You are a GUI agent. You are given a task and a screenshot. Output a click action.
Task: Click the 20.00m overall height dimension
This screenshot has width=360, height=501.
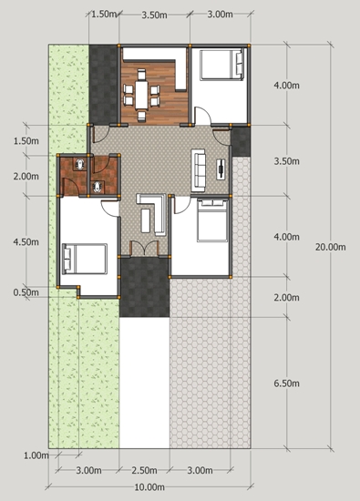pos(330,247)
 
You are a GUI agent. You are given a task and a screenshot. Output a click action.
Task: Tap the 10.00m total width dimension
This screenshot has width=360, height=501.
pos(149,487)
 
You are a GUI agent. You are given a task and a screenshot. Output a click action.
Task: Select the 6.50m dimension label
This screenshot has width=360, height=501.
pos(286,383)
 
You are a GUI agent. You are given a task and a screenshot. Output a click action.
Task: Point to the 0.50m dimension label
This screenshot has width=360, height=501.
pos(26,292)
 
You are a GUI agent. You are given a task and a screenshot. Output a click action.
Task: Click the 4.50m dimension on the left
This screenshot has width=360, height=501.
pos(26,242)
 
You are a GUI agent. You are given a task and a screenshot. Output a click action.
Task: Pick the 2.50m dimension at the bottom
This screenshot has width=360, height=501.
pos(144,470)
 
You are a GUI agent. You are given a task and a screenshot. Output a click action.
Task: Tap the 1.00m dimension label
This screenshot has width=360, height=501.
pos(36,455)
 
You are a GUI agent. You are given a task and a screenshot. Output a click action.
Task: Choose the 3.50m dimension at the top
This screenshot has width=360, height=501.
pos(154,15)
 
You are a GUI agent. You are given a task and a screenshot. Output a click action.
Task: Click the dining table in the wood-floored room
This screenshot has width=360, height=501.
pos(141,95)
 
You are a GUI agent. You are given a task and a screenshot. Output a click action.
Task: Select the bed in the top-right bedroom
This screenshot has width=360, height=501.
pos(221,65)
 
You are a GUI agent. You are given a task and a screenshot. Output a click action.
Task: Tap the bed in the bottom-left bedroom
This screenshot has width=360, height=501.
pos(85,259)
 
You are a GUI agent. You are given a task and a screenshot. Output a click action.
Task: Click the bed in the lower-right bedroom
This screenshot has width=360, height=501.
pos(212,220)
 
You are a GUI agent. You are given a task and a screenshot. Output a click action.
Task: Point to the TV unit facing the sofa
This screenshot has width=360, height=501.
pos(221,169)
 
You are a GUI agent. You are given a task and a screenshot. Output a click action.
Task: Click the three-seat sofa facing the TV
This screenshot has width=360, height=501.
pos(198,170)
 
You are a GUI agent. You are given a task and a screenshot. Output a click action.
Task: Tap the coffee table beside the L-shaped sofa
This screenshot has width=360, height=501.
pos(146,220)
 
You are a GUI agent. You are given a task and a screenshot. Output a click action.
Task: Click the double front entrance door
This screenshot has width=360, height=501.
pos(145,249)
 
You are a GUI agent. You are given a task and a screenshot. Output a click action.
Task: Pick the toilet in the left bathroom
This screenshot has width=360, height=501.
pos(79,164)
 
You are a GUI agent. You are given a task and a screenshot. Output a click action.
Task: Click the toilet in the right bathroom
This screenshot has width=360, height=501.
pos(98,187)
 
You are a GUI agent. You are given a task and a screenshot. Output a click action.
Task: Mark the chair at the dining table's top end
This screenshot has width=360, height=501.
pos(141,75)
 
